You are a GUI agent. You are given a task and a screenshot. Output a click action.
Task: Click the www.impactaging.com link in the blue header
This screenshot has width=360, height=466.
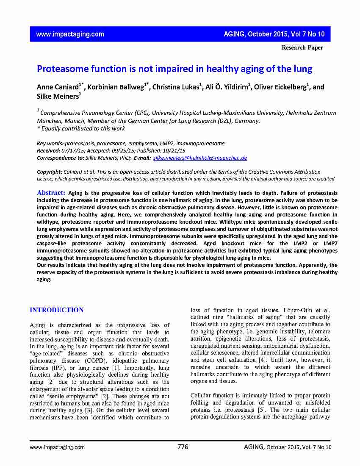click(70, 34)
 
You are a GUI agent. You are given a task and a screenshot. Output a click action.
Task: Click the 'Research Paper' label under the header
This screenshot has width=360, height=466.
click(302, 47)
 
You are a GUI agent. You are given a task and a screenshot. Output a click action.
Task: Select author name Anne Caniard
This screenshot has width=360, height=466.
click(58, 87)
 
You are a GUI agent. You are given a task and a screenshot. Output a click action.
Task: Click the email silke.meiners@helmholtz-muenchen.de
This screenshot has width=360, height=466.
click(199, 158)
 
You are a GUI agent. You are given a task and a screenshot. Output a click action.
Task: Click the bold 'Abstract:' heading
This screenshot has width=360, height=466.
click(51, 193)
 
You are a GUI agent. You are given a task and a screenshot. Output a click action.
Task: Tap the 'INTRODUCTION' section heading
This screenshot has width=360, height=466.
click(57, 310)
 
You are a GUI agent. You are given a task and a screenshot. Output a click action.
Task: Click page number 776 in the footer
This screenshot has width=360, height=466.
click(183, 447)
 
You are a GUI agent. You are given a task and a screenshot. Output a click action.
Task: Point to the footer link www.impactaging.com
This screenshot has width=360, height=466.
click(57, 447)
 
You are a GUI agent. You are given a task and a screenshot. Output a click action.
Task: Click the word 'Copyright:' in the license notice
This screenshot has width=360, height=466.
click(50, 172)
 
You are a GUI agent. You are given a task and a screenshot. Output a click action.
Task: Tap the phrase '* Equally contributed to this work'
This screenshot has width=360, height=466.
click(81, 128)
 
